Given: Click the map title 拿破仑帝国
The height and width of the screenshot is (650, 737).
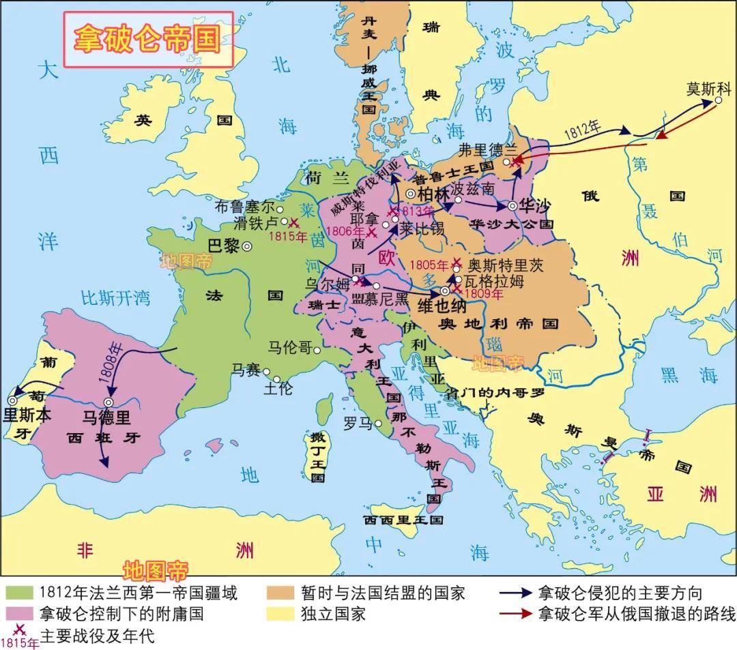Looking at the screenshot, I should tap(148, 39).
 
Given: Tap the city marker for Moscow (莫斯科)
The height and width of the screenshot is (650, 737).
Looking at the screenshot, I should tap(718, 101).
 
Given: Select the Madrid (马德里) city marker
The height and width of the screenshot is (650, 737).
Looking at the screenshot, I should tap(109, 402).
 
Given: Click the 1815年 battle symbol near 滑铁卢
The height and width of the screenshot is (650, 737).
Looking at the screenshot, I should tap(294, 222).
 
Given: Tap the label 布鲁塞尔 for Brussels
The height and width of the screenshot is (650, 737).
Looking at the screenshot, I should tap(244, 205).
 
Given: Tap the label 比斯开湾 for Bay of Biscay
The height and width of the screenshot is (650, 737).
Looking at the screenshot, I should tap(115, 298).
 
